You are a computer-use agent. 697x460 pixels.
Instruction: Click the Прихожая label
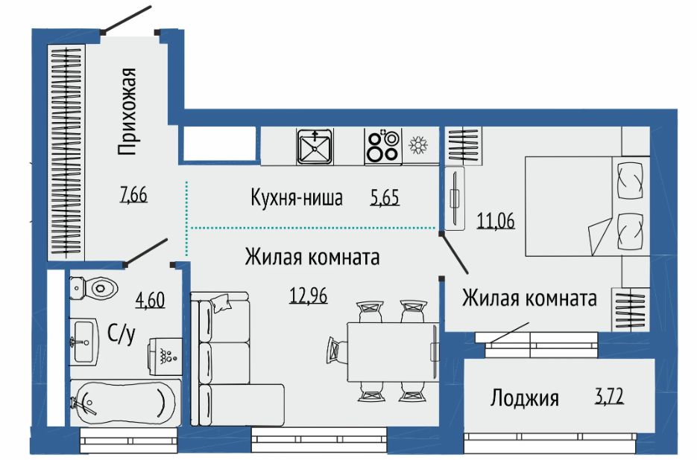pos(127,112)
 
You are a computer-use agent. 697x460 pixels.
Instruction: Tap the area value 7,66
pos(133,194)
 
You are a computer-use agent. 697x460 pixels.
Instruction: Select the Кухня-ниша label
pos(297,197)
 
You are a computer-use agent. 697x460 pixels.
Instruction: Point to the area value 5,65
pos(385,197)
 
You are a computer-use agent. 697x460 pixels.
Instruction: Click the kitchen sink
pos(315,147)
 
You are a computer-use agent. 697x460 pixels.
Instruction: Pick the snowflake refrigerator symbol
pos(418,145)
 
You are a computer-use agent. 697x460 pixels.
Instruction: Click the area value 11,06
pos(496,220)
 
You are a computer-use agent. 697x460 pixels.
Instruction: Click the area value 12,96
pos(309,295)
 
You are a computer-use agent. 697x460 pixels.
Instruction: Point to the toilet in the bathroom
pos(94,288)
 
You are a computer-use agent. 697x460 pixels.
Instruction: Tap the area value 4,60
pos(151,300)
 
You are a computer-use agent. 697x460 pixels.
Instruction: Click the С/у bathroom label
pos(121,334)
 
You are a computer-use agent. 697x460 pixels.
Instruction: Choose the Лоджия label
pos(525,397)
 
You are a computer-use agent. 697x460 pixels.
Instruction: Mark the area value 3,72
pos(609,395)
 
